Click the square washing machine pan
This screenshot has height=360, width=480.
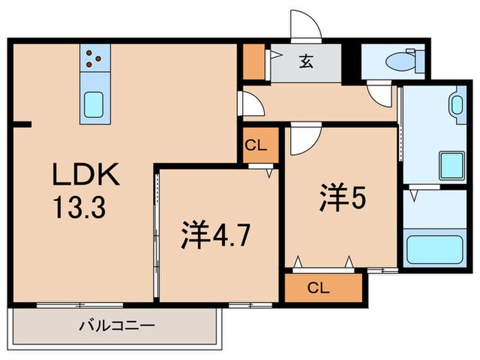[452, 166]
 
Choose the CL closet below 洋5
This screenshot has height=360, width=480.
[322, 288]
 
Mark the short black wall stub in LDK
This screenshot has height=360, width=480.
[22, 125]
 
